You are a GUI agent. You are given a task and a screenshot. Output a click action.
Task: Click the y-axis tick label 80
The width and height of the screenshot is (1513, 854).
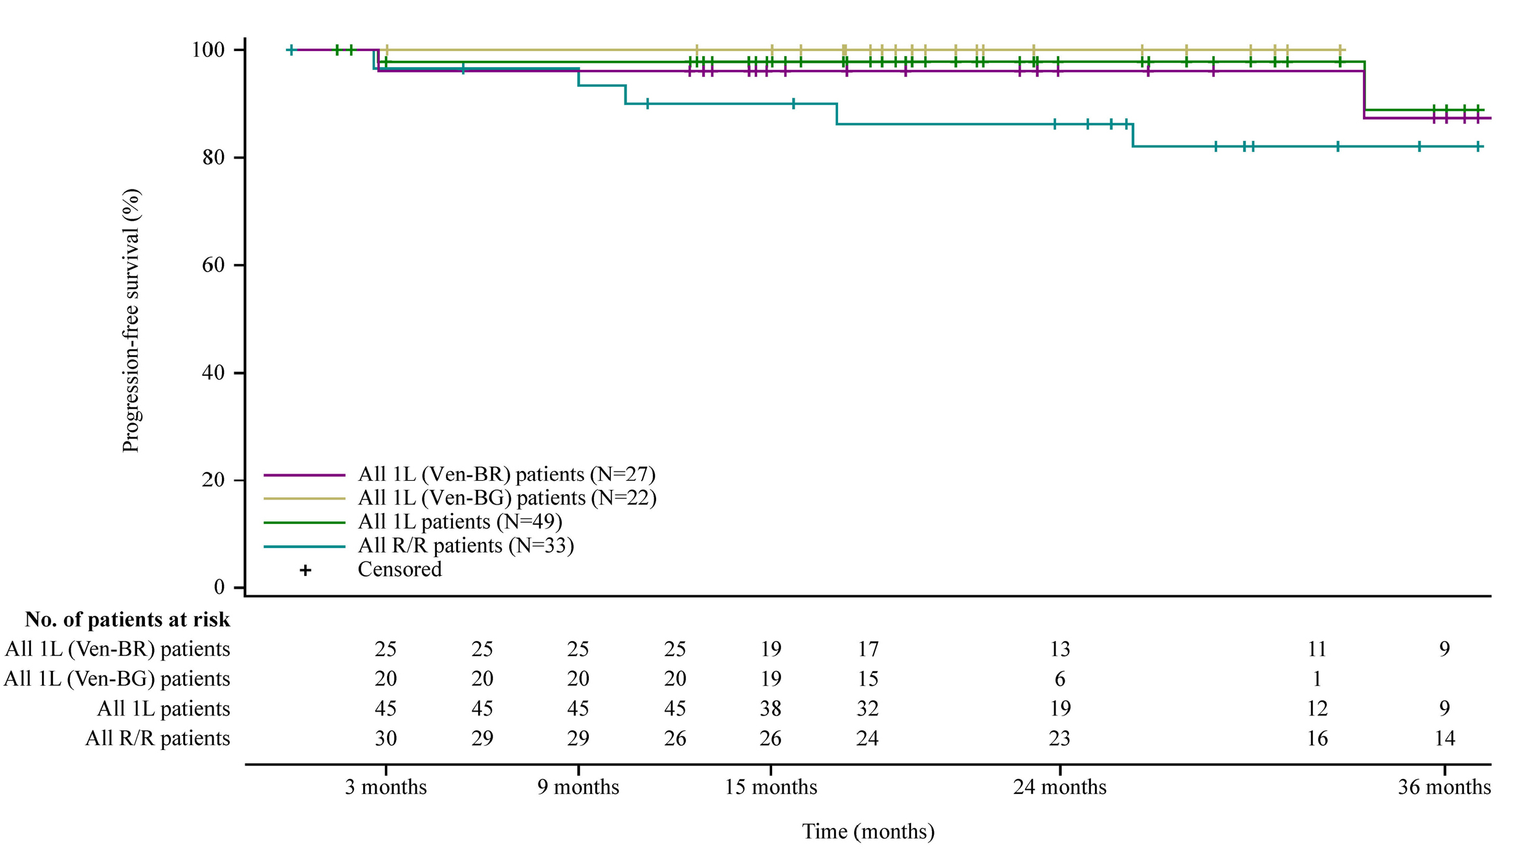click(214, 158)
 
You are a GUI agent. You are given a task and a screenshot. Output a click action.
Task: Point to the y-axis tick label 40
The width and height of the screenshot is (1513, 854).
click(214, 373)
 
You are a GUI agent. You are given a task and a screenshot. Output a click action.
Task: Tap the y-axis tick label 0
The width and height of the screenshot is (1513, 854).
click(219, 587)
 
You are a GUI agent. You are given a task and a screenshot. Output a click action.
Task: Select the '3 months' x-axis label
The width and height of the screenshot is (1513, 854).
click(386, 787)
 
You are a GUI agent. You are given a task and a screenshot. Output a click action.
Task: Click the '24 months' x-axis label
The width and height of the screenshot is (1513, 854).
click(1059, 787)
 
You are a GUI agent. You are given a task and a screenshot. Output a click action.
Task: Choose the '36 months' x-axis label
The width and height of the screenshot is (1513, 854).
click(1444, 787)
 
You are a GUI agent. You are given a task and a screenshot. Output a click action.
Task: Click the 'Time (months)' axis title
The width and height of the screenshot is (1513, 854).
click(868, 831)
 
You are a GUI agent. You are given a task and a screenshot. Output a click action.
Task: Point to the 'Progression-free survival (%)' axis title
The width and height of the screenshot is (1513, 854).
click(131, 320)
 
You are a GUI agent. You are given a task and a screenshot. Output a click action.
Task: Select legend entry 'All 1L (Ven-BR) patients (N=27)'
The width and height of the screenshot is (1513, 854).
click(506, 474)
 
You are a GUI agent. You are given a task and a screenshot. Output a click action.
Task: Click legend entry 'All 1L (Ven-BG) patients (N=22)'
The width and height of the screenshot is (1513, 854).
click(507, 498)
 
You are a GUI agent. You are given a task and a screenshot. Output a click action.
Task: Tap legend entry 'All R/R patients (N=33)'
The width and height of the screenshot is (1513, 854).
click(466, 545)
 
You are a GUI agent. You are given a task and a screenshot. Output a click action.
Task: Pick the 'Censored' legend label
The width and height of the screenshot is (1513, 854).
click(399, 569)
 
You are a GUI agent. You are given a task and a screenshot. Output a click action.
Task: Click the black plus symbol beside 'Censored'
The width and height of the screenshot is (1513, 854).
click(305, 570)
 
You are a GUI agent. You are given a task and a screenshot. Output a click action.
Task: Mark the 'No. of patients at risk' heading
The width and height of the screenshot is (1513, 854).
click(127, 620)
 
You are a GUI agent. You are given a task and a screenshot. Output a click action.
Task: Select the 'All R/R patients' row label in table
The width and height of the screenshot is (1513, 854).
click(158, 738)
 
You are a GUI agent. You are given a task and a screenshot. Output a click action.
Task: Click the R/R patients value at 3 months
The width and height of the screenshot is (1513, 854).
click(386, 738)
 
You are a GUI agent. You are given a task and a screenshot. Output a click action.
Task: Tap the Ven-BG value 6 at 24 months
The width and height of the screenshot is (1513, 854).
click(1059, 679)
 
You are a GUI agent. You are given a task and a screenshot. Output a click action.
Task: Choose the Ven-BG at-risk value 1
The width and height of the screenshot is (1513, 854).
click(1317, 679)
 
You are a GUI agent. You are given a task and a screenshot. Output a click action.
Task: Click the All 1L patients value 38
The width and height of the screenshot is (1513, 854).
click(771, 708)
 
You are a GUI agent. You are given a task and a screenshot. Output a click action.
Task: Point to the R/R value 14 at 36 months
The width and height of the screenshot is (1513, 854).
click(1444, 738)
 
